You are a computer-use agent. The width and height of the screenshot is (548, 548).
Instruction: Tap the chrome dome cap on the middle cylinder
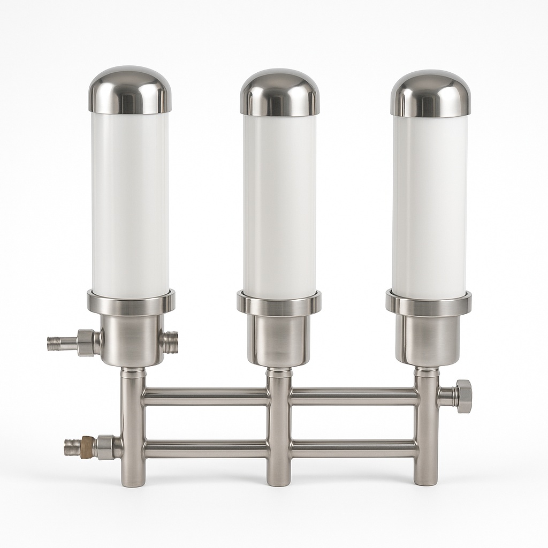pyautogui.click(x=279, y=93)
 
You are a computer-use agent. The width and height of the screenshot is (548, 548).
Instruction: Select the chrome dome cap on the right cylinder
pyautogui.click(x=430, y=94)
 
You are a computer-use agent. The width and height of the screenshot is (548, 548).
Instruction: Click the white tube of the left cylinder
pyautogui.click(x=130, y=203)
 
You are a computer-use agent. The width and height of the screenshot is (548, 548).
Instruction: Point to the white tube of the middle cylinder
pyautogui.click(x=279, y=206)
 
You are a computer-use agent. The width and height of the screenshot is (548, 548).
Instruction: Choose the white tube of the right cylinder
pyautogui.click(x=430, y=206)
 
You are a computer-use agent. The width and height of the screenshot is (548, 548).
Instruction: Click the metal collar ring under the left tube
pyautogui.click(x=131, y=303)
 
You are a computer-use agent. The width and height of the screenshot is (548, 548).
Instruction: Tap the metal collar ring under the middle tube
pyautogui.click(x=279, y=304)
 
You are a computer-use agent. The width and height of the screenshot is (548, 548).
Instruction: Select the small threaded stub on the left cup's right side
pyautogui.click(x=170, y=341)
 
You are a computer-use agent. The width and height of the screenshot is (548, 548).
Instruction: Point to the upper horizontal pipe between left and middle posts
pyautogui.click(x=206, y=397)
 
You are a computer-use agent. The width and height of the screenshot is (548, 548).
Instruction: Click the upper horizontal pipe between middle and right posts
pyautogui.click(x=353, y=397)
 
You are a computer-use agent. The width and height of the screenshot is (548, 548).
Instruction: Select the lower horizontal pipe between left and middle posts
pyautogui.click(x=206, y=449)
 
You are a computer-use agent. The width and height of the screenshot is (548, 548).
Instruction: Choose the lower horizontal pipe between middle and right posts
pyautogui.click(x=353, y=449)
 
